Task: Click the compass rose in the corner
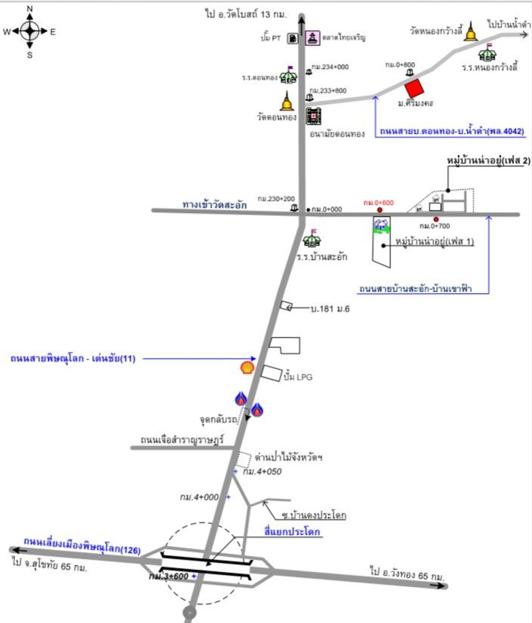[30, 31]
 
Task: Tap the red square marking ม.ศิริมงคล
[414, 88]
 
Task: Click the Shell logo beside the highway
[247, 368]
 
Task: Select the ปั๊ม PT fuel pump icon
[293, 38]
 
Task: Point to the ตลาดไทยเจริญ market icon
[313, 38]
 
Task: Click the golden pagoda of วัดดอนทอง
[286, 101]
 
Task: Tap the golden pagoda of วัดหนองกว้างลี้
[470, 32]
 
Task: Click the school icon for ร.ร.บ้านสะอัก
[312, 238]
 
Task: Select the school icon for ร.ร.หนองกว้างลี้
[487, 53]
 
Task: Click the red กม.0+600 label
[378, 203]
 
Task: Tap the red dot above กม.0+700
[436, 219]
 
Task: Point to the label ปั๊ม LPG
[298, 377]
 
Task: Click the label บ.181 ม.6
[330, 309]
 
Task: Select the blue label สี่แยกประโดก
[292, 532]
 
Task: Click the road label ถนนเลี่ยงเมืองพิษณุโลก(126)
[82, 546]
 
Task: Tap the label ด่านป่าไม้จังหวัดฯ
[288, 458]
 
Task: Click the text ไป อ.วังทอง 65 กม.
[407, 573]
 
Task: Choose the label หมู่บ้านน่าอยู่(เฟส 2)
[488, 161]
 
